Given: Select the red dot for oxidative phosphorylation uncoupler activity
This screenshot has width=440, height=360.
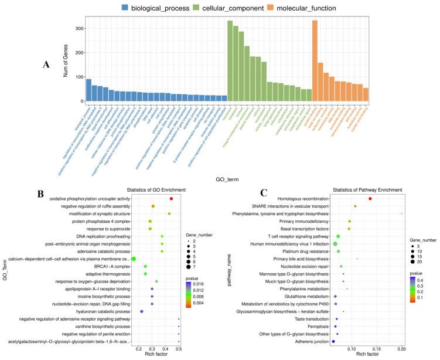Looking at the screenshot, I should (171, 199).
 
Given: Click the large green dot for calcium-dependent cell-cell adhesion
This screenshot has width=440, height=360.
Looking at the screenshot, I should (134, 259).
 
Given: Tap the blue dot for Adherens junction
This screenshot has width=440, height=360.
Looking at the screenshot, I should (333, 341).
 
